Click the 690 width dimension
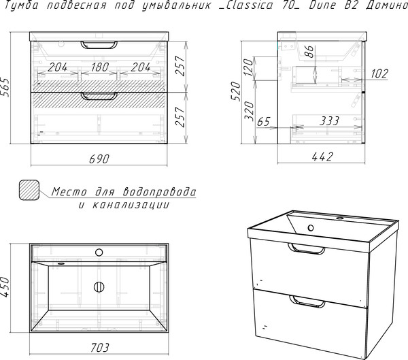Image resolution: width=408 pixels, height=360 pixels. (x=99, y=159)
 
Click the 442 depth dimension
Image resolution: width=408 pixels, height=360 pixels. (x=322, y=157)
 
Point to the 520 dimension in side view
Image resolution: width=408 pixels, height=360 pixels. (x=237, y=91)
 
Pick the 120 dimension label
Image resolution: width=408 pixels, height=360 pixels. (x=248, y=67)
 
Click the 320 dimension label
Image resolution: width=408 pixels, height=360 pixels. (x=250, y=111)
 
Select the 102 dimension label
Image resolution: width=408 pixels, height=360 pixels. (x=379, y=73)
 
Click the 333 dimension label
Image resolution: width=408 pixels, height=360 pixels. (x=329, y=121)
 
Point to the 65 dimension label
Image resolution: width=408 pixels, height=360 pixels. (x=264, y=121)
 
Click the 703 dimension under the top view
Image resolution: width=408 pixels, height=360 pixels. (x=100, y=347)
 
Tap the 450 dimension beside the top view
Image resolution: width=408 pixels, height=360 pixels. (x=5, y=287)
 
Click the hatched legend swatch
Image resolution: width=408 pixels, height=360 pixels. (x=29, y=190)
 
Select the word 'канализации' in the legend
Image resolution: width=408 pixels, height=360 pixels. (x=131, y=206)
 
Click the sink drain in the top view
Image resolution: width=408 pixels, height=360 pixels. (x=99, y=287)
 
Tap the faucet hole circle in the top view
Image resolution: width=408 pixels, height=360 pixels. (x=99, y=252)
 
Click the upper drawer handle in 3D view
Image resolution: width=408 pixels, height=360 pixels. (x=306, y=248)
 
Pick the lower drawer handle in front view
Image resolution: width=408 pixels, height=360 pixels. (x=99, y=96)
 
